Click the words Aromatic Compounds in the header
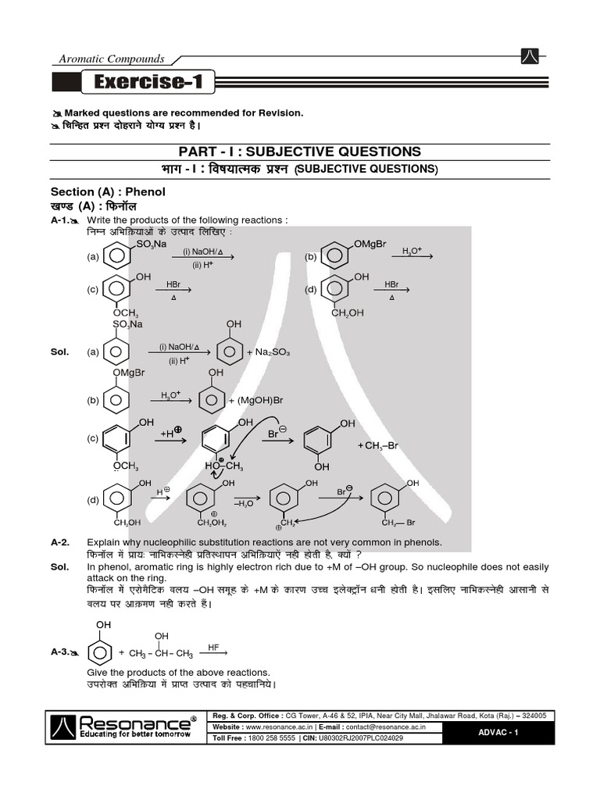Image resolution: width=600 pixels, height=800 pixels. [x=112, y=59]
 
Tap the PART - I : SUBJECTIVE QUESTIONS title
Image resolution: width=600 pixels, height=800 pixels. [x=300, y=152]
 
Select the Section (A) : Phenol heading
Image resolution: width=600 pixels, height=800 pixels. [x=109, y=192]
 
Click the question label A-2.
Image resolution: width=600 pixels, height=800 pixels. [x=61, y=542]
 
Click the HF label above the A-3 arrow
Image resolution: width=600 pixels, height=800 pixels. [x=213, y=647]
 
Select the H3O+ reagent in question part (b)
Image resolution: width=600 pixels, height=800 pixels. [x=412, y=251]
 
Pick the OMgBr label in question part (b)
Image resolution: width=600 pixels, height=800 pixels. [x=370, y=245]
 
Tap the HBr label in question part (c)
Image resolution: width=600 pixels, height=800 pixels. [x=173, y=285]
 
